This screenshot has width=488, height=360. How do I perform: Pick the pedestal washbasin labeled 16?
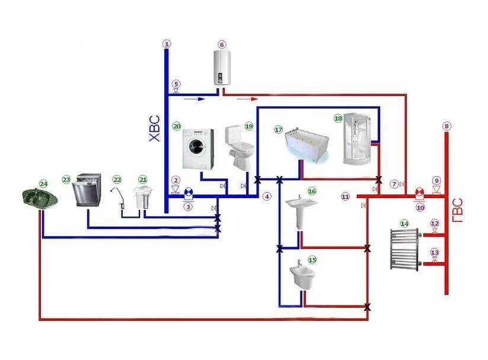tap(302, 211)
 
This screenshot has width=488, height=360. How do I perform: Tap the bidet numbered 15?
tap(302, 276)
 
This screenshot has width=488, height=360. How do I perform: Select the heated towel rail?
tap(404, 249)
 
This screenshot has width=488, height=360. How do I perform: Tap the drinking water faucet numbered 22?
tap(119, 196)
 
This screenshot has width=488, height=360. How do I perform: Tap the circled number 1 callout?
tap(167, 44)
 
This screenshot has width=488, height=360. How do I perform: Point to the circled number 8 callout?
tap(446, 126)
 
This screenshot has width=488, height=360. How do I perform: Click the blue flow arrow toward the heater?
tap(192, 93)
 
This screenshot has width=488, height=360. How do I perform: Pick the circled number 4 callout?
tap(267, 196)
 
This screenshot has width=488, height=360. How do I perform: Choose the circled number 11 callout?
tap(346, 196)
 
